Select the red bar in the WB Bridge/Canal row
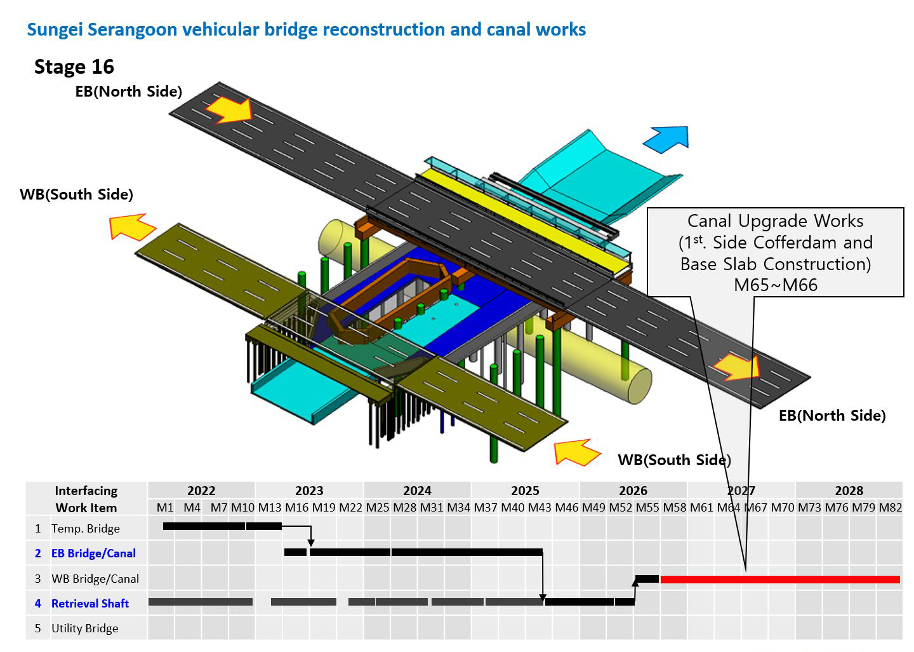[780, 580]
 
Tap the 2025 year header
[525, 491]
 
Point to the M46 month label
[567, 508]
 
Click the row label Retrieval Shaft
[89, 604]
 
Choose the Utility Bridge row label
[85, 628]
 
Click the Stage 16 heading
[74, 67]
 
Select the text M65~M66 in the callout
[775, 285]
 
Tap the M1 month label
[165, 508]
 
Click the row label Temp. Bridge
[86, 529]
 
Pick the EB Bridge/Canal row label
[93, 553]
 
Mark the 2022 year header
[201, 491]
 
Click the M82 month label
[891, 508]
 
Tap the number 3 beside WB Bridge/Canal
[38, 579]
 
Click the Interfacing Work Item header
[86, 499]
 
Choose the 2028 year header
[849, 491]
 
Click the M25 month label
[378, 508]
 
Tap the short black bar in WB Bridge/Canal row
[647, 579]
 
